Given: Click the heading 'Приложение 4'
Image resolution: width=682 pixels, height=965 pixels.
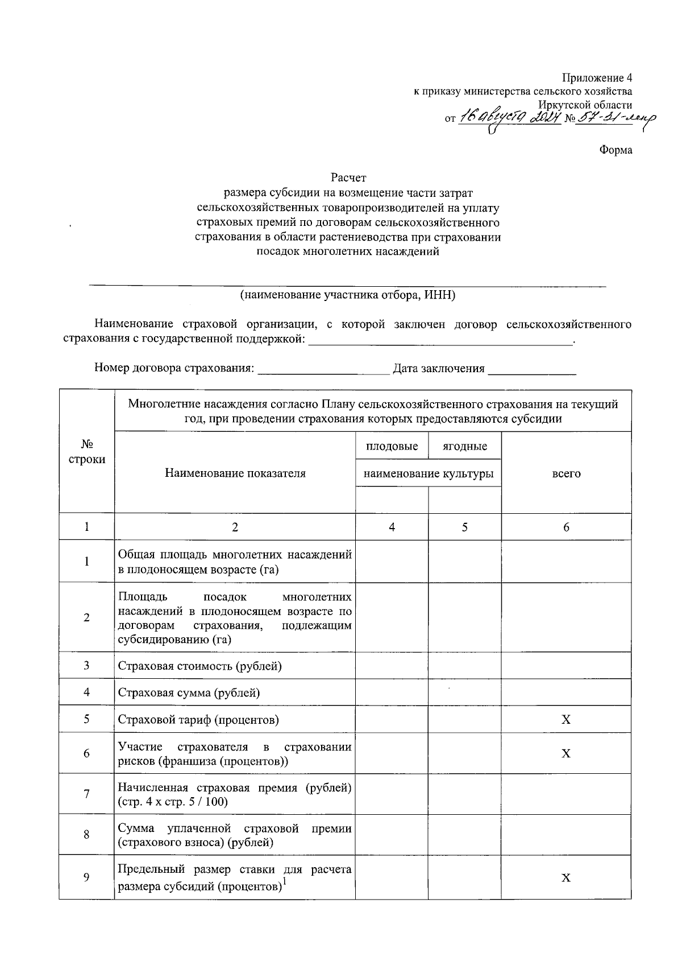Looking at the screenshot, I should pyautogui.click(x=597, y=77).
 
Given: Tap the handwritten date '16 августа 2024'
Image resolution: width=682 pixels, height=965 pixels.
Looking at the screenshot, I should pyautogui.click(x=509, y=118).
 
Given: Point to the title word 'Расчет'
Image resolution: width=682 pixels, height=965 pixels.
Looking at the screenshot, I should pyautogui.click(x=348, y=178).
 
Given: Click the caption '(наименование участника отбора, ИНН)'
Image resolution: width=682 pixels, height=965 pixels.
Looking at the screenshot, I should pyautogui.click(x=347, y=295).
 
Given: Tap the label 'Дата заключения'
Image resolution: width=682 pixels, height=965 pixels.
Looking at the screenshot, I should pyautogui.click(x=439, y=369).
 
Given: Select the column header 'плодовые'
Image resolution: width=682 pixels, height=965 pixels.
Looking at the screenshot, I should pyautogui.click(x=392, y=447).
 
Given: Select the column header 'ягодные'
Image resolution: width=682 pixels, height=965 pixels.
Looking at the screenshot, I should pyautogui.click(x=464, y=447).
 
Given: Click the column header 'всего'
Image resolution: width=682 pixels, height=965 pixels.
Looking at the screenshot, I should pyautogui.click(x=566, y=473).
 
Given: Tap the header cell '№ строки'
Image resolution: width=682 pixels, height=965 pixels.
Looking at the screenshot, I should pyautogui.click(x=86, y=452).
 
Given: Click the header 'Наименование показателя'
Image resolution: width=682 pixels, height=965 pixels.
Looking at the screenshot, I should pyautogui.click(x=235, y=473).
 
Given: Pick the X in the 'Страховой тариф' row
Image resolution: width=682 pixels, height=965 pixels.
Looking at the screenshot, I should pyautogui.click(x=565, y=720).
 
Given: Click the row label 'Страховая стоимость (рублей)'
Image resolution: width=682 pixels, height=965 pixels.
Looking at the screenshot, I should pyautogui.click(x=199, y=666).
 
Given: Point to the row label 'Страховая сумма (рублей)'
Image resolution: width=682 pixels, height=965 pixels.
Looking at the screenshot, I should pyautogui.click(x=189, y=693).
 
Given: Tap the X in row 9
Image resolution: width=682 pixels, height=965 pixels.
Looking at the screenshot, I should pyautogui.click(x=565, y=878).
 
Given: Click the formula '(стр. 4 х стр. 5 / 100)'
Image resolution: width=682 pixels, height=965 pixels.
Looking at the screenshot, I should pyautogui.click(x=173, y=802).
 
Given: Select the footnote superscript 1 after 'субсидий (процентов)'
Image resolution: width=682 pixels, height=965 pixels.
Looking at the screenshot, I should pyautogui.click(x=285, y=882).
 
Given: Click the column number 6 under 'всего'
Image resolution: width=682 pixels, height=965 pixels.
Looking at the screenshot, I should pyautogui.click(x=566, y=527).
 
